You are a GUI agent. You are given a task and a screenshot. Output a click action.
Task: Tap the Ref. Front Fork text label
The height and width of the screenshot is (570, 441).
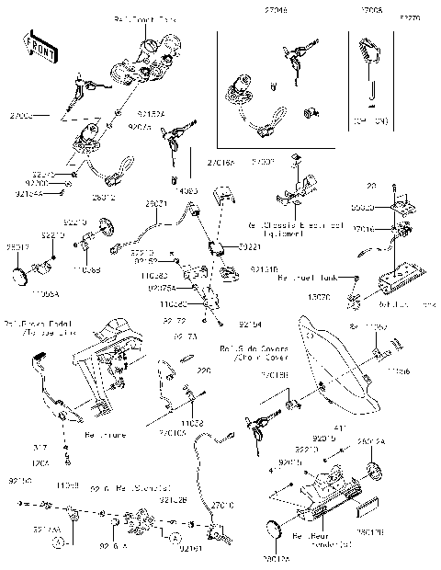click(x=144, y=18)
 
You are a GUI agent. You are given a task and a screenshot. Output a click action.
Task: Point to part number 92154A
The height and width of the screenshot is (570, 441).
click(x=28, y=194)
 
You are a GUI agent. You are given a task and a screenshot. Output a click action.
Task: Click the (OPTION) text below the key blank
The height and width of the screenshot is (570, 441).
click(x=372, y=120)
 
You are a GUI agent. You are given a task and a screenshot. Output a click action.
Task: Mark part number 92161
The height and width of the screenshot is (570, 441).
click(x=190, y=549)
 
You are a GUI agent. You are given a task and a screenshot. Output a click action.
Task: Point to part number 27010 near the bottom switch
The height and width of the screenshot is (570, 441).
click(x=223, y=505)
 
